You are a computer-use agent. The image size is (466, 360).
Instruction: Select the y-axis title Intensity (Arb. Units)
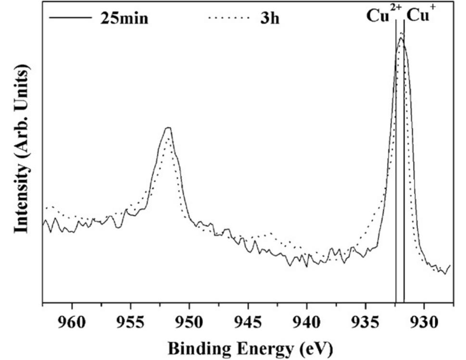tap(21, 149)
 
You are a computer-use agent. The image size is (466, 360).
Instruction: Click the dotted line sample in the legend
tap(229, 19)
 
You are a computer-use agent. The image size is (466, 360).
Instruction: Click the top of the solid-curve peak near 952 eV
tap(168, 128)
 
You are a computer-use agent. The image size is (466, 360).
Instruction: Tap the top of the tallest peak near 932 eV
tap(401, 38)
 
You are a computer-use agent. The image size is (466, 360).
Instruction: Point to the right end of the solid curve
tap(450, 265)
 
